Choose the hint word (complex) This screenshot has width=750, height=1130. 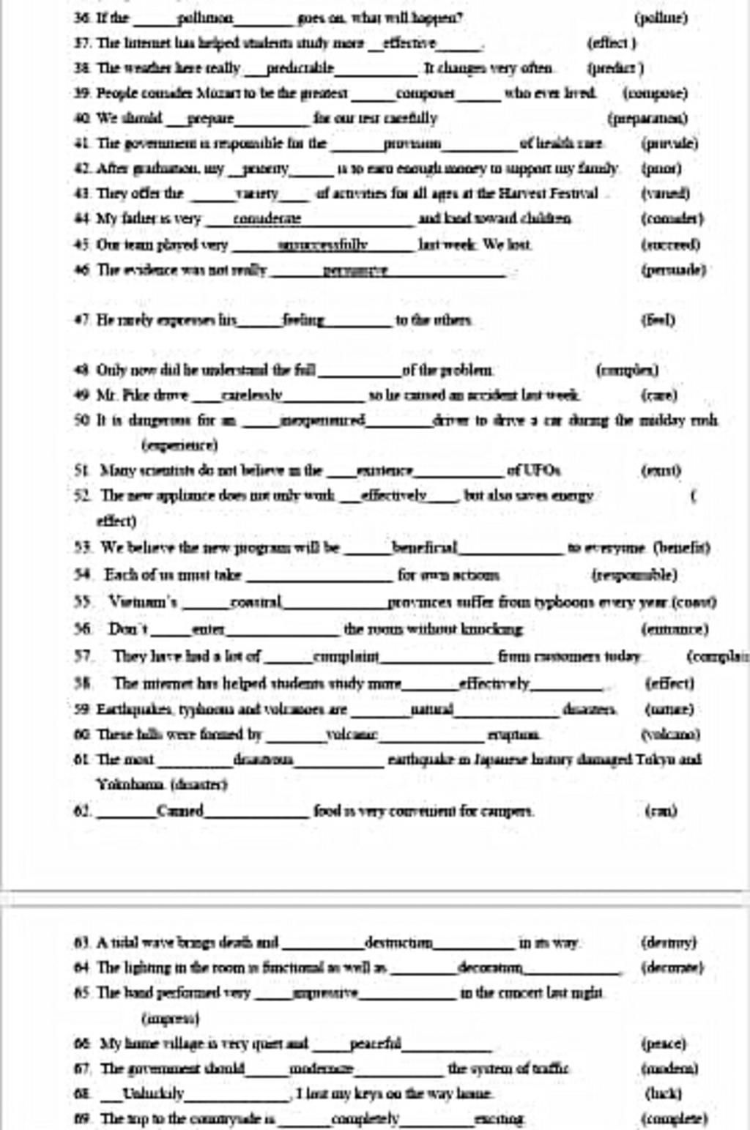(x=628, y=371)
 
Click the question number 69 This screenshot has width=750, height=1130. (x=85, y=1119)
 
